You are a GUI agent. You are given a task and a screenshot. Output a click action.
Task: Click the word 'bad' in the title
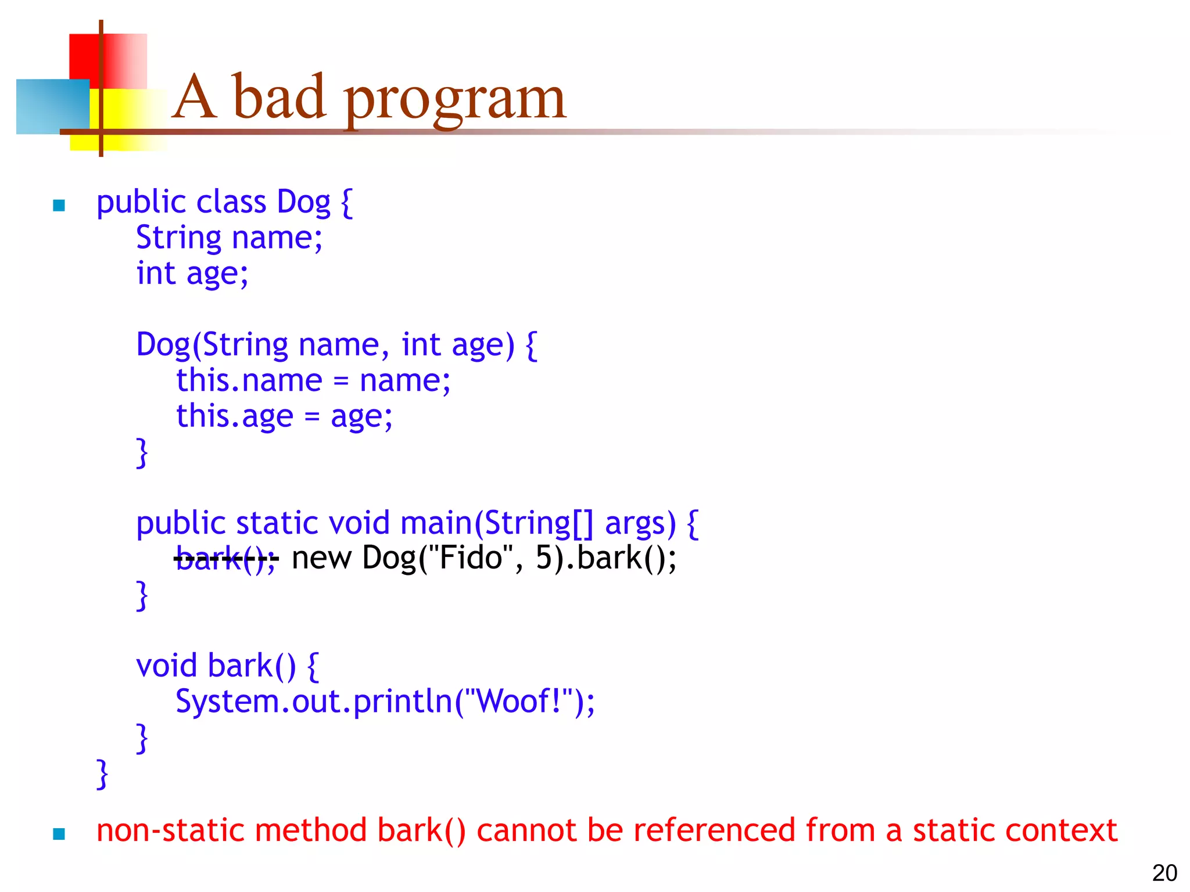[278, 98]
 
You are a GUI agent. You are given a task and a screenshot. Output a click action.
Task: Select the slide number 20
[1164, 873]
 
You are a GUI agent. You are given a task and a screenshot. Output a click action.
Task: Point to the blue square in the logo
[52, 106]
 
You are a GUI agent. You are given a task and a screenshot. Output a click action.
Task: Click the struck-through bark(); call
[225, 559]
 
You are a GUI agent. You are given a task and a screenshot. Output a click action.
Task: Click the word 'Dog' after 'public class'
[303, 203]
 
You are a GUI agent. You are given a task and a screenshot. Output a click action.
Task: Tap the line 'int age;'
[192, 274]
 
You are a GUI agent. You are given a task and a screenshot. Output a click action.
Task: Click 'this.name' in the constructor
[249, 381]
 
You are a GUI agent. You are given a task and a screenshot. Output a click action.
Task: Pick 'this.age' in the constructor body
[235, 416]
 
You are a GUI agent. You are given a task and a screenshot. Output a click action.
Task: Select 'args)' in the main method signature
[640, 524]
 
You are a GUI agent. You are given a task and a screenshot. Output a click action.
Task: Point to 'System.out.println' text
[314, 702]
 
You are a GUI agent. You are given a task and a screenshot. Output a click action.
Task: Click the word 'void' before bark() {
[166, 666]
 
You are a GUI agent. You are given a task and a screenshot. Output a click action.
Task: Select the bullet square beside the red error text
[59, 834]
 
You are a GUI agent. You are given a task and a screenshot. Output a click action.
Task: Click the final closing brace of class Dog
[102, 774]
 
